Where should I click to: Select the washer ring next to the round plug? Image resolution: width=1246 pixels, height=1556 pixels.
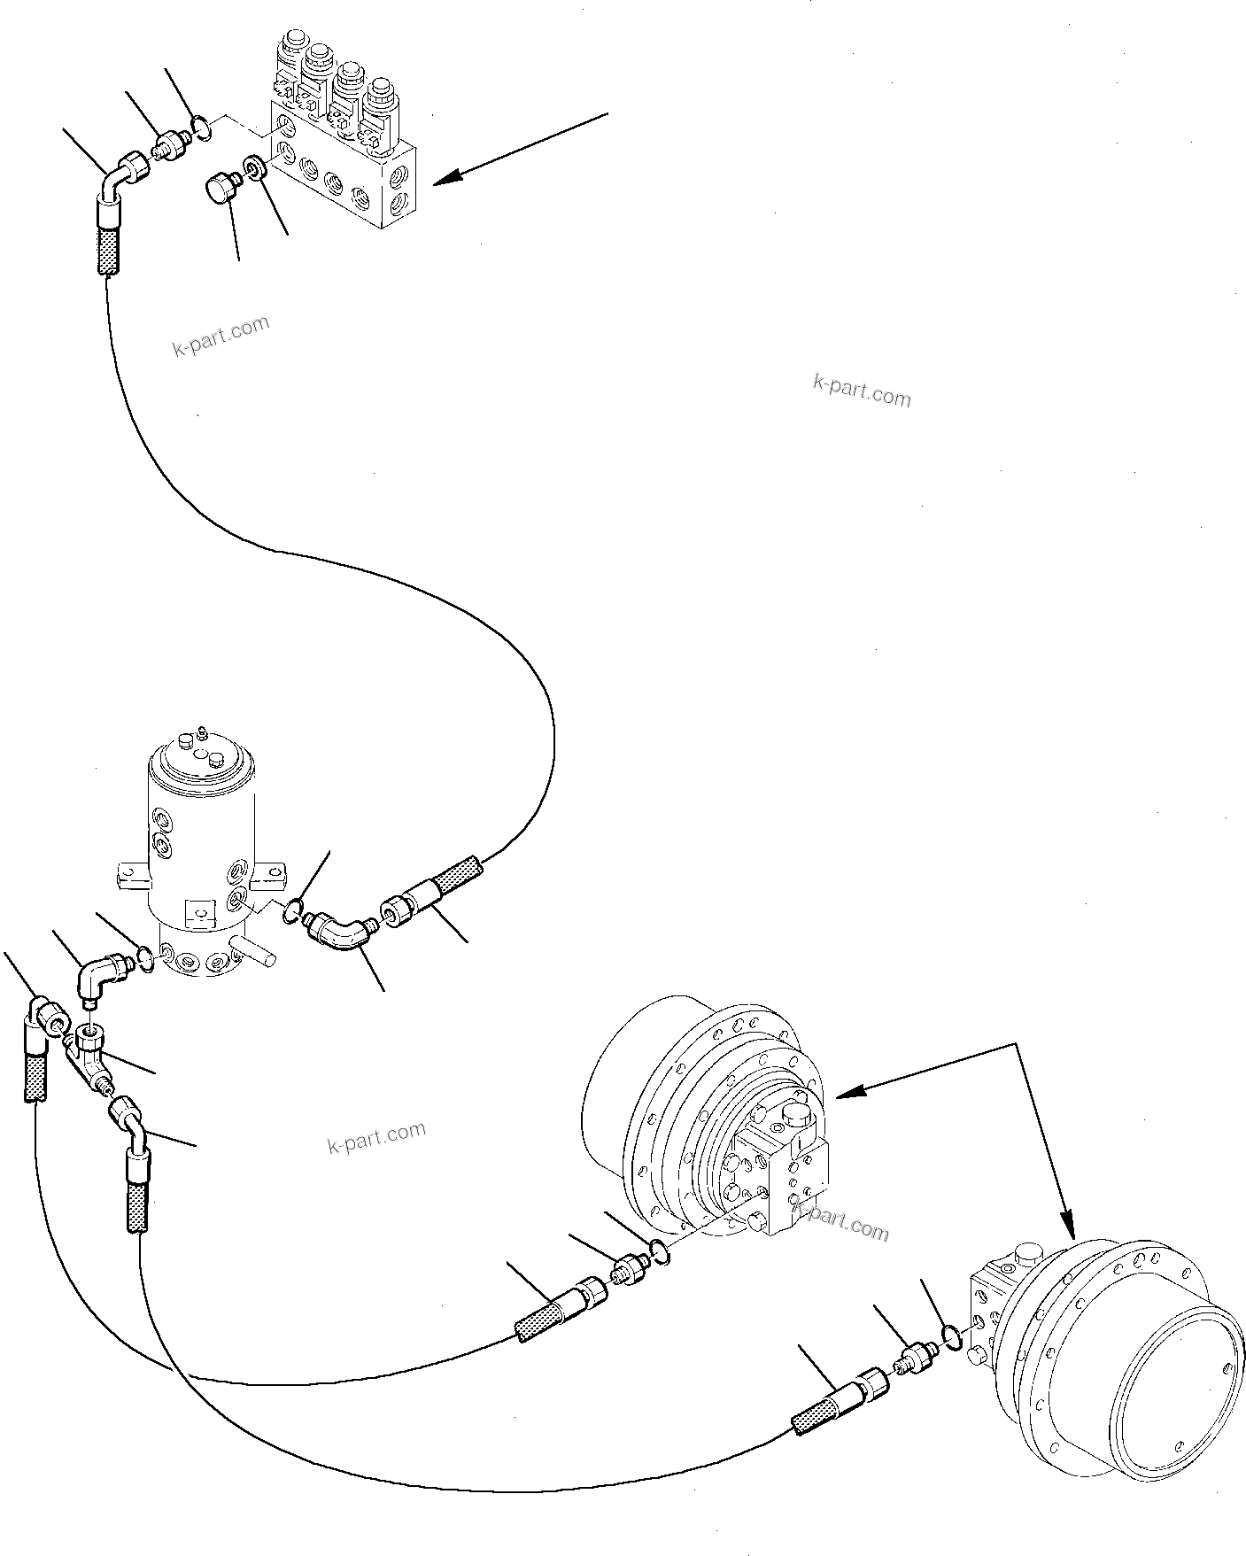(257, 168)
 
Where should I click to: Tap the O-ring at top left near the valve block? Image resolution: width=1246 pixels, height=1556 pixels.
(202, 130)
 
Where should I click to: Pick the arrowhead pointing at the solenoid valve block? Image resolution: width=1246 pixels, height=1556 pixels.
(446, 180)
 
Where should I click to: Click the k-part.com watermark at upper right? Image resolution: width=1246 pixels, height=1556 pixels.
(861, 390)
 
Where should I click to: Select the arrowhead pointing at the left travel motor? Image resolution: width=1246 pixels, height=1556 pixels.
(847, 1095)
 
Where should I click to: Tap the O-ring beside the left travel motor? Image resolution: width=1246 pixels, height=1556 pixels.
(658, 1249)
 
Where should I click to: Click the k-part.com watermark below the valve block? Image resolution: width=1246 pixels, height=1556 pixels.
(221, 336)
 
